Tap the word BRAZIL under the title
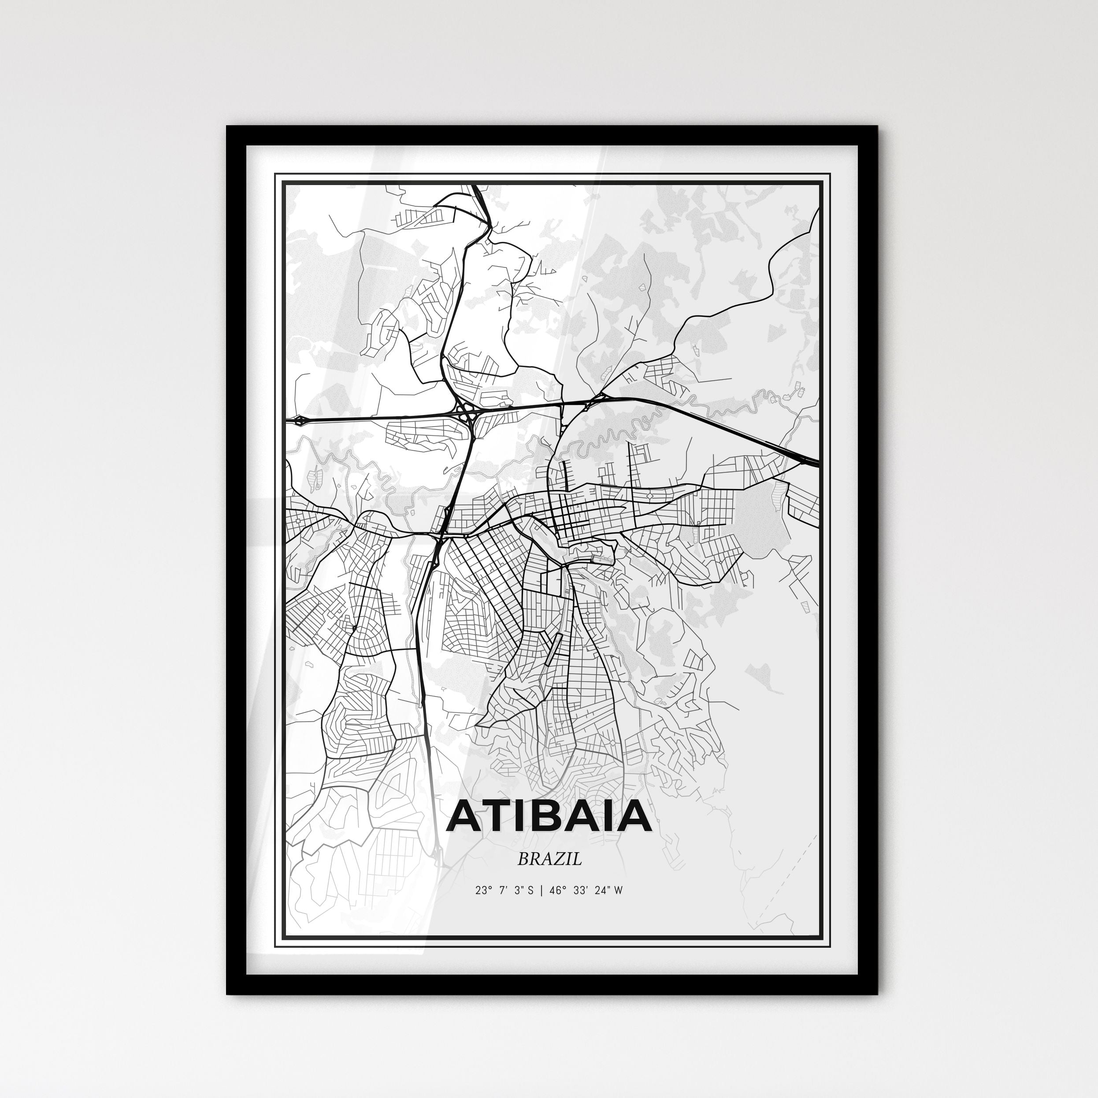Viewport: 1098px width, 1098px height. (549, 859)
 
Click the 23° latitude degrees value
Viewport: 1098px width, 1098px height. (483, 890)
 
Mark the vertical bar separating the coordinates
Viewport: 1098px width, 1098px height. (542, 890)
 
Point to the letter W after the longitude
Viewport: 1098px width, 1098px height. (618, 890)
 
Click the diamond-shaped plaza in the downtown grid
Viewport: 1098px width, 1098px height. (649, 496)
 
